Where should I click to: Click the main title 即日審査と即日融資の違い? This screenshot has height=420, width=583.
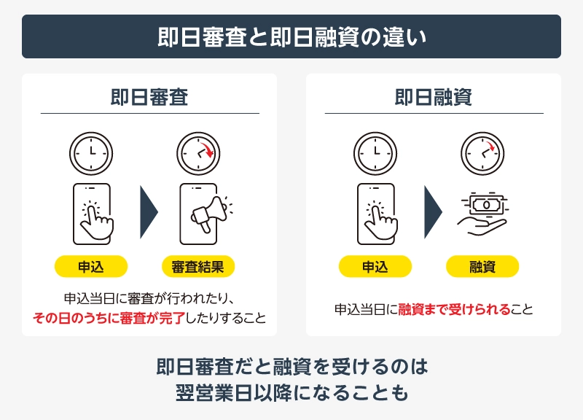coord(292,37)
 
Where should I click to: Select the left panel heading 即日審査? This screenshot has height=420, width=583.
coord(149,97)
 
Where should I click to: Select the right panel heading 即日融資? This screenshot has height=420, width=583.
coord(434,97)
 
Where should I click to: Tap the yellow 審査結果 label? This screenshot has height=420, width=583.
coord(198,266)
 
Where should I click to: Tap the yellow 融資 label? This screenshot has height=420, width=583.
coord(482,266)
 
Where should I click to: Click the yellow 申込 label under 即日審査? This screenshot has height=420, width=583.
coord(91,266)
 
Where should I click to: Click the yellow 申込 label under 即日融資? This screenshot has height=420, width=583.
coord(375,266)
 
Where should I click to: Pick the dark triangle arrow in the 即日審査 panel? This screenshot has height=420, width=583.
coord(148,212)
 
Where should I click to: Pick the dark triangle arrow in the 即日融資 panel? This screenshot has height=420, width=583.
coord(432,212)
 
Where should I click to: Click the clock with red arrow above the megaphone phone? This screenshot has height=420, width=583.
coord(198,153)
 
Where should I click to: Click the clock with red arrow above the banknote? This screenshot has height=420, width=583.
coord(482,153)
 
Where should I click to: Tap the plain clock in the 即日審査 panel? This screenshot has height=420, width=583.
coord(91,153)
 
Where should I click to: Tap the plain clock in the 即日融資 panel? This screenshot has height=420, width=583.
coord(375,153)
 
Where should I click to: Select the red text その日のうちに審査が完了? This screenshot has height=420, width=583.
coord(109,319)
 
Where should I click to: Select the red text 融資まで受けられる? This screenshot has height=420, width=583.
coord(454,309)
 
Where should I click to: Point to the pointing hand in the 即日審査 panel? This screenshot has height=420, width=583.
coord(96,221)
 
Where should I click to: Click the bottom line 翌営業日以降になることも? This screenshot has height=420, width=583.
coord(292,393)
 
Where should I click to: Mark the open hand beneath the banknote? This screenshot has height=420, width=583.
coord(482,226)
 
